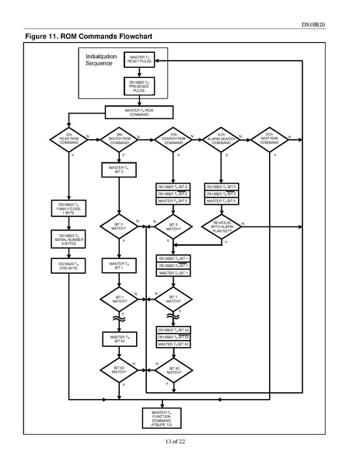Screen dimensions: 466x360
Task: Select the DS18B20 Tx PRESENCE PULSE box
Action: point(138,86)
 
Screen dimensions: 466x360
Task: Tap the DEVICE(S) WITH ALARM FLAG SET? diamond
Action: point(222,227)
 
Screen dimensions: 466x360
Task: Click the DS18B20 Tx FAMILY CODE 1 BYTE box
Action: point(68,209)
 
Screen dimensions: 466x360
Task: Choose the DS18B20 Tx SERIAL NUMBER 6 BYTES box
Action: point(68,238)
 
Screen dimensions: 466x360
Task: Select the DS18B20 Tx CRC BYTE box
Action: point(68,266)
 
